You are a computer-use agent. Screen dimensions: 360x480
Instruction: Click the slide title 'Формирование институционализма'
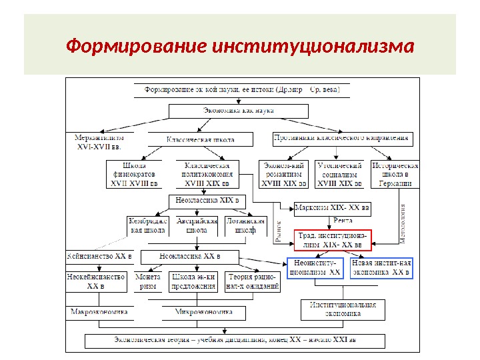(240, 47)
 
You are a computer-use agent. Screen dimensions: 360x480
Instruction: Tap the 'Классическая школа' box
(200, 139)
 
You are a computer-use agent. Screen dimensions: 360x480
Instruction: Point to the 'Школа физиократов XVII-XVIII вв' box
(135, 174)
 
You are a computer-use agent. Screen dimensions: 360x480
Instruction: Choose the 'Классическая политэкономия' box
(207, 174)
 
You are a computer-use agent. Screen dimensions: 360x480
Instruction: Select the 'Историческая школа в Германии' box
(395, 174)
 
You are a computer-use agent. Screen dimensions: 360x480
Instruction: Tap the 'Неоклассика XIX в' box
(207, 201)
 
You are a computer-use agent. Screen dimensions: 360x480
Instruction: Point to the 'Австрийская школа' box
(197, 225)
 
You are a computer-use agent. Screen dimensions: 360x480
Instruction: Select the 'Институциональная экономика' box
(343, 308)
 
